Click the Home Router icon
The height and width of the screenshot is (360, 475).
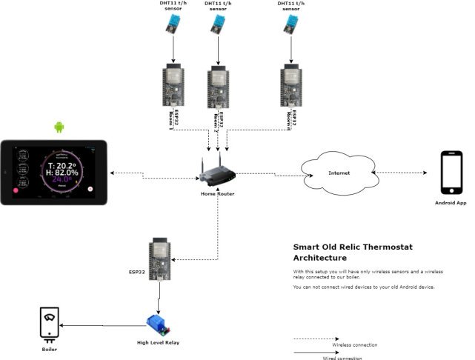217,174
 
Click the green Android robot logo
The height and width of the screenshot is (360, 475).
59,127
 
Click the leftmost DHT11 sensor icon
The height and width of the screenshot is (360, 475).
173,26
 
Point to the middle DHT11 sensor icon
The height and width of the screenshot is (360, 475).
217,26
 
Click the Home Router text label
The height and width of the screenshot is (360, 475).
217,194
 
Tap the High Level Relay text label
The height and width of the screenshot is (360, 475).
158,342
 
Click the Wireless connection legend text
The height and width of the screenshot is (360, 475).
355,345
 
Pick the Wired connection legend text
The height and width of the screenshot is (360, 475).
342,358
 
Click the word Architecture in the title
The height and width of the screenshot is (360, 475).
319,259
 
